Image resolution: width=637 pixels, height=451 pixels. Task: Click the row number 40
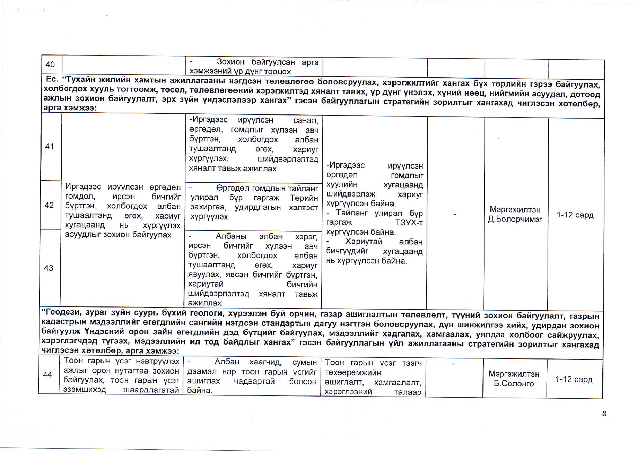pyautogui.click(x=50, y=65)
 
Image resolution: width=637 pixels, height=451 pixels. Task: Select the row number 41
pyautogui.click(x=50, y=147)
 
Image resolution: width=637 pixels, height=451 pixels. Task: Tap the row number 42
pyautogui.click(x=49, y=205)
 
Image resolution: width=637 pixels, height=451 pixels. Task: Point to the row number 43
pyautogui.click(x=48, y=268)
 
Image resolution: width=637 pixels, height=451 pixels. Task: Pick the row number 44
pyautogui.click(x=47, y=375)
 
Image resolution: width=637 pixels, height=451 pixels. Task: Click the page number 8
pyautogui.click(x=604, y=414)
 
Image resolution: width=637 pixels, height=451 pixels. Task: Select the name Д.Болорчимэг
pyautogui.click(x=515, y=220)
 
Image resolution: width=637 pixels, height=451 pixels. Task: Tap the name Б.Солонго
pyautogui.click(x=514, y=384)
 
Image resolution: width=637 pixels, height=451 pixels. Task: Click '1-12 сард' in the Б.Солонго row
pyautogui.click(x=574, y=379)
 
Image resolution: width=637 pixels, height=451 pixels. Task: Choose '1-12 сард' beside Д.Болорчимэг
pyautogui.click(x=575, y=215)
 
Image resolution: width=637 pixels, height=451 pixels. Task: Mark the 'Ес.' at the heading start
pyautogui.click(x=52, y=79)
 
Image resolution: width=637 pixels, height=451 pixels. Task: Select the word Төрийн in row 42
pyautogui.click(x=304, y=198)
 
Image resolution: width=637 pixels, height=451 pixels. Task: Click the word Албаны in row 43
pyautogui.click(x=231, y=236)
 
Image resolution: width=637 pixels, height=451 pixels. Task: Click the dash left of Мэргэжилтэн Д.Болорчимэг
pyautogui.click(x=454, y=214)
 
